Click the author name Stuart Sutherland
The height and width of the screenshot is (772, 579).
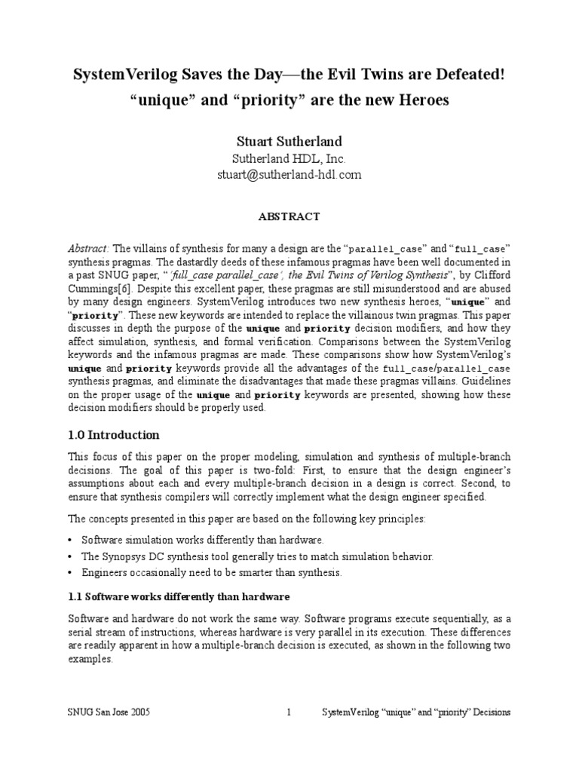click(289, 141)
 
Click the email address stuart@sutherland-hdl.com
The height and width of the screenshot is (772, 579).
click(289, 174)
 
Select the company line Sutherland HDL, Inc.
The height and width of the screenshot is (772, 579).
click(289, 158)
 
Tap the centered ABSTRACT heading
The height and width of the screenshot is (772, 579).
click(289, 216)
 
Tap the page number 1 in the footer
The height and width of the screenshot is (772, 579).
click(289, 712)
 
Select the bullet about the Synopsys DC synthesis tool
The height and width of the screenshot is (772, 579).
click(257, 556)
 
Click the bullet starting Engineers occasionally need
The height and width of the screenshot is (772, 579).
click(211, 572)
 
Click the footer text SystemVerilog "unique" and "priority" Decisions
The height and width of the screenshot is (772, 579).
click(416, 712)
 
